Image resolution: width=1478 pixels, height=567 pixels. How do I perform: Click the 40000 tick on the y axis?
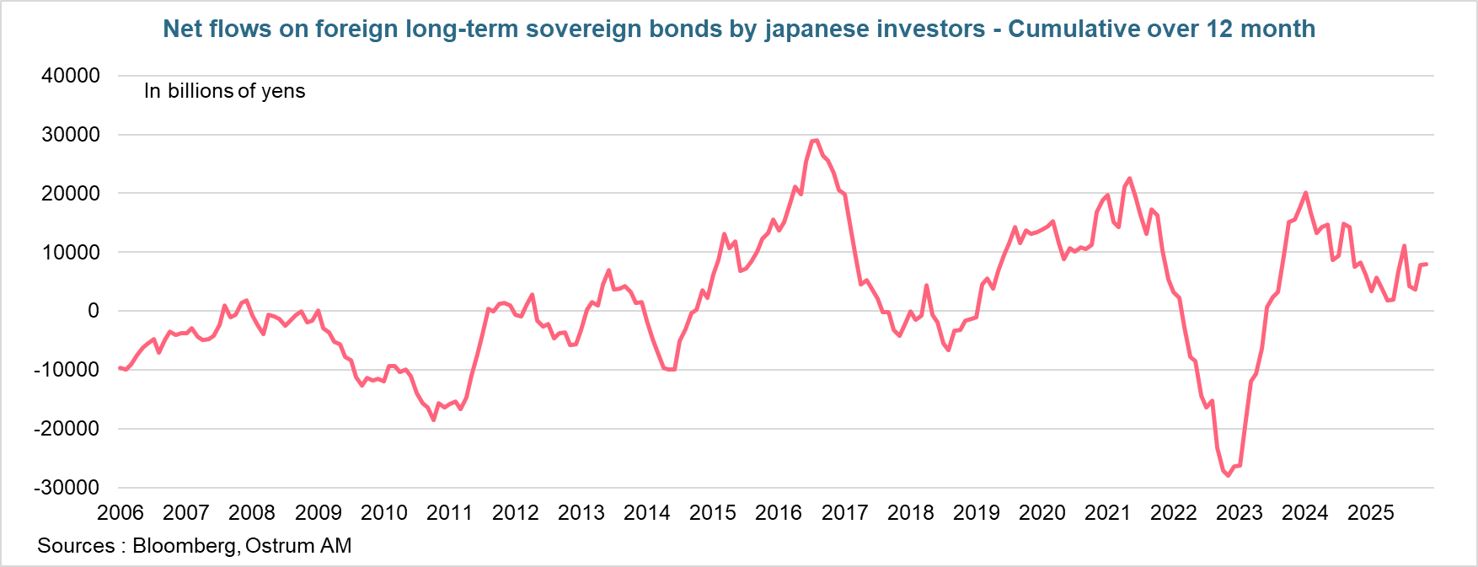point(71,76)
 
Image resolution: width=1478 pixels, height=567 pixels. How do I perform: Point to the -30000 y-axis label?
point(67,488)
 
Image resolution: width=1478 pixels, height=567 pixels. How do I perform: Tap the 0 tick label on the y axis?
point(94,311)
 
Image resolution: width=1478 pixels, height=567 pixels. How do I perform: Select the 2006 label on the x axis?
point(120,513)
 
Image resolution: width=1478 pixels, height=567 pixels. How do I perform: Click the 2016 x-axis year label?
point(779,513)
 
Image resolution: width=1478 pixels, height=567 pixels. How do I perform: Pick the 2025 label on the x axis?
point(1371,513)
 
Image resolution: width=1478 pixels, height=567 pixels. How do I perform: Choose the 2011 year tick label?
point(449,513)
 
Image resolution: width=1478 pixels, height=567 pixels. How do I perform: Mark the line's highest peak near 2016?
point(816,141)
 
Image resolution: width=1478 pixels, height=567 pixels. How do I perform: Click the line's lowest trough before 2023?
point(1228,476)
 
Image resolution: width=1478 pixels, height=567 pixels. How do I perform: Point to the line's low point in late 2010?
point(434,420)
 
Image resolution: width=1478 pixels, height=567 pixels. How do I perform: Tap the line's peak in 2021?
point(1129,179)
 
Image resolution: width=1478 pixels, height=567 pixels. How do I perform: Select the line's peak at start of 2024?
point(1305,193)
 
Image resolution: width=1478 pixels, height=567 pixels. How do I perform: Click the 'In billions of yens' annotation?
point(224,91)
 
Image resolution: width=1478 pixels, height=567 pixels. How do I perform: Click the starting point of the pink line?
point(120,367)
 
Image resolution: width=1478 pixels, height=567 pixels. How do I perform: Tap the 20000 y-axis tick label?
point(71,194)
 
